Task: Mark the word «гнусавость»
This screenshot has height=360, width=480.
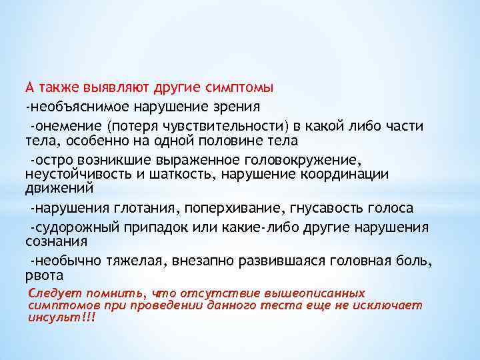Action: click(329, 209)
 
